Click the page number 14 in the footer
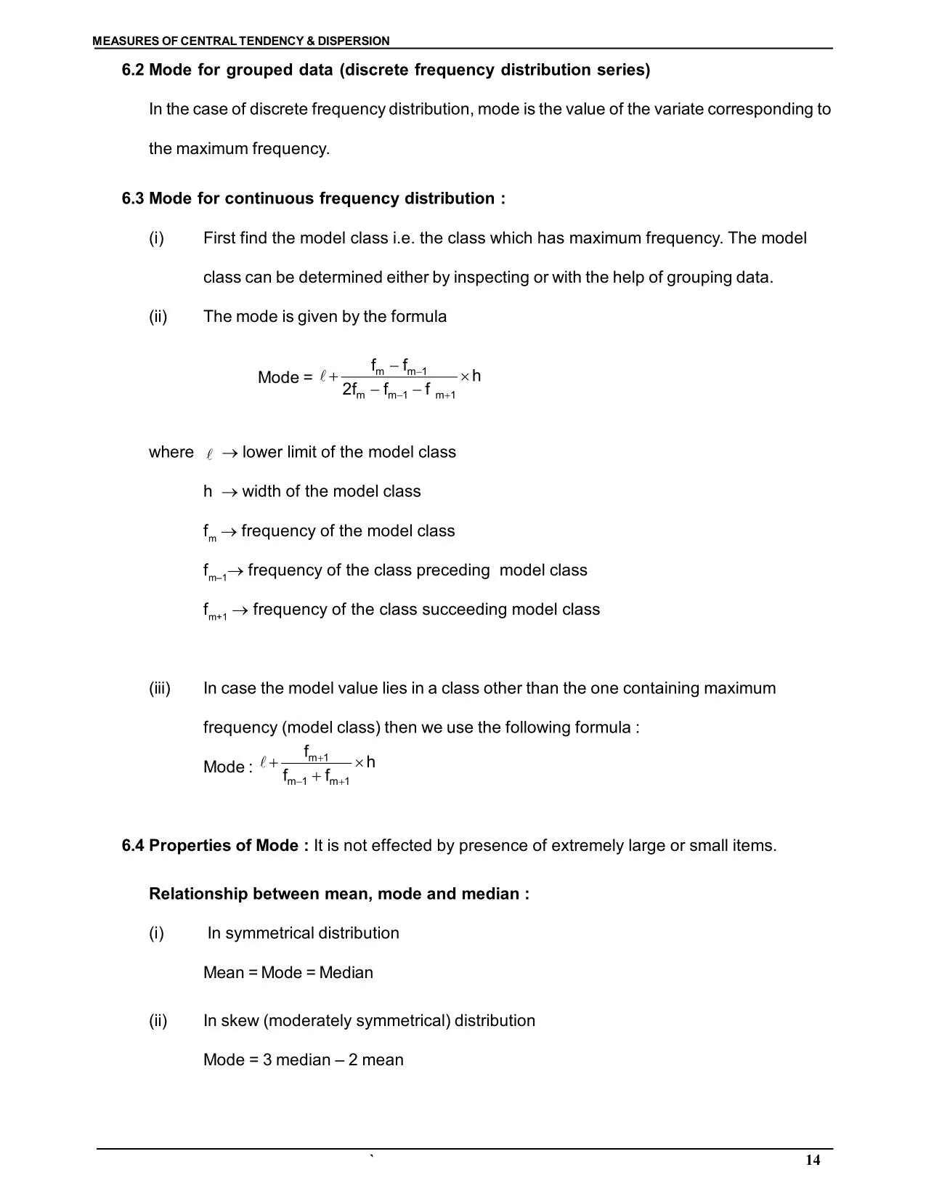coord(813,1160)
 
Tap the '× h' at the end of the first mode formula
coord(471,376)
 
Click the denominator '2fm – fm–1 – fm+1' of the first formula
coord(399,390)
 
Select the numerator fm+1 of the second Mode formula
coord(316,752)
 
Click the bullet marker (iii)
coord(160,688)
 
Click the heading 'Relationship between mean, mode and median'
coord(338,894)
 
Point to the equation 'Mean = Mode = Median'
coord(288,973)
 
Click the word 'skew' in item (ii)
coord(240,1021)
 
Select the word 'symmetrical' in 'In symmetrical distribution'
coord(269,934)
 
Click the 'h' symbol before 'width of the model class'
coord(208,492)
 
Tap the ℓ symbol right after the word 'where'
coord(209,454)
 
